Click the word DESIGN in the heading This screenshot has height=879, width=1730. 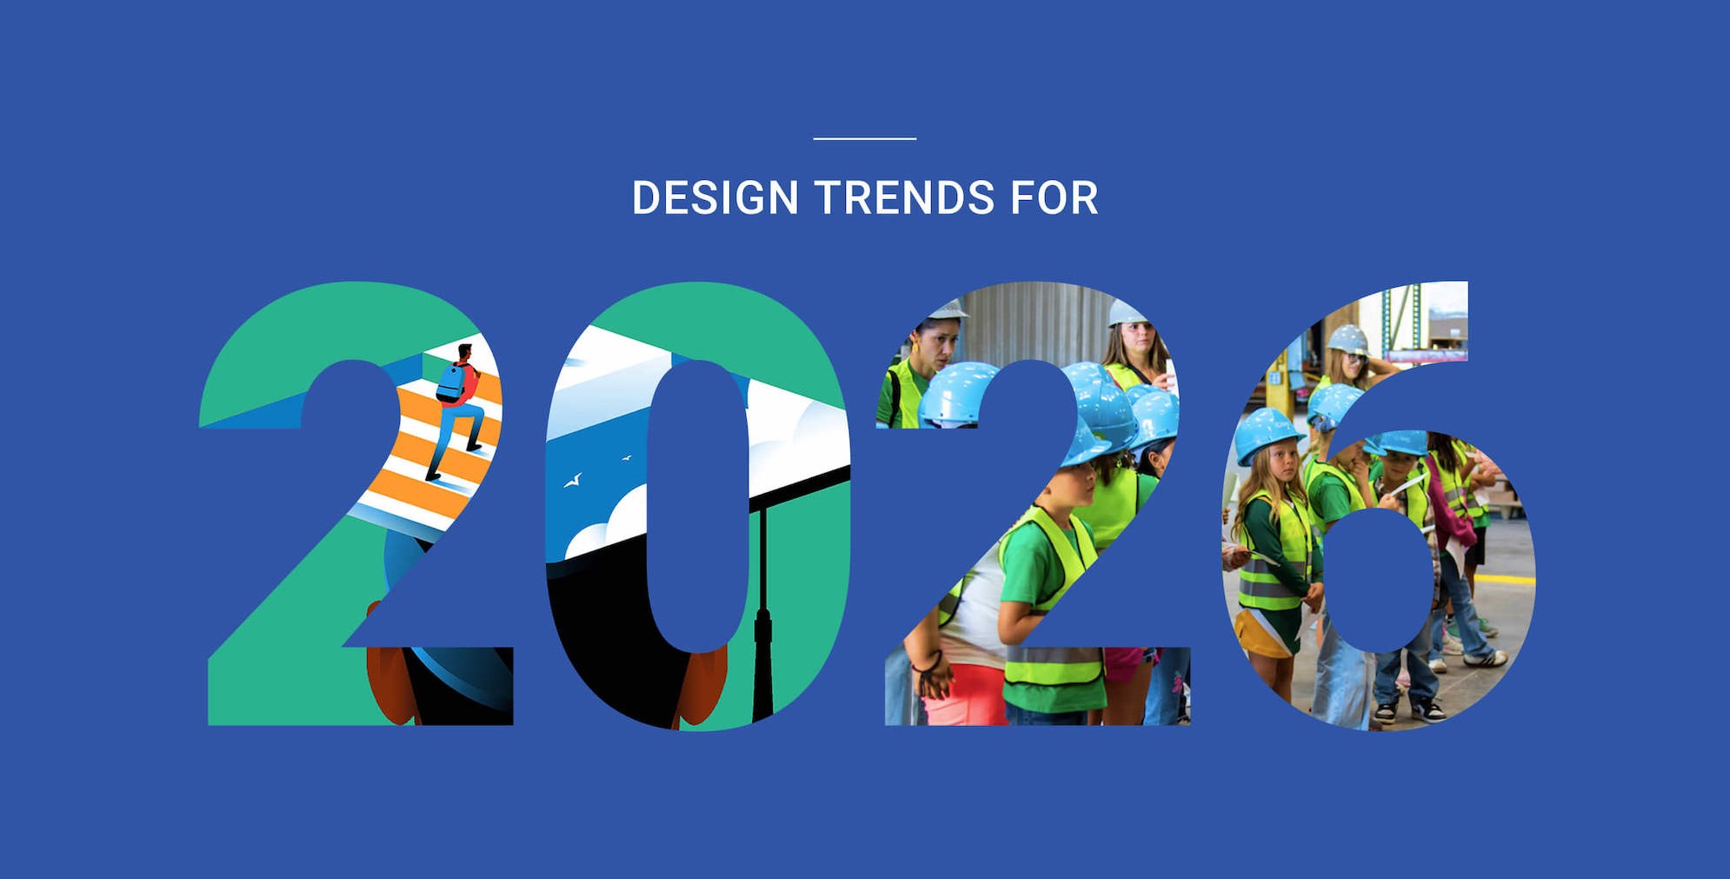(715, 197)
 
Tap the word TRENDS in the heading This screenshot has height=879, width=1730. (904, 197)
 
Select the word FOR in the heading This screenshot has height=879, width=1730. (1055, 197)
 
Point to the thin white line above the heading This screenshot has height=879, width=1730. (865, 137)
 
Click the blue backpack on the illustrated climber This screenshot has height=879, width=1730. (451, 383)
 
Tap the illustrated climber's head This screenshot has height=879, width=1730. (465, 353)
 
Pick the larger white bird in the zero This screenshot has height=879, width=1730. (573, 480)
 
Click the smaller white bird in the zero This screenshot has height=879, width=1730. (626, 457)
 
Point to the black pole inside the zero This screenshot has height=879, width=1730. (763, 609)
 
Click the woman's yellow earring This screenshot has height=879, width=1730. (915, 350)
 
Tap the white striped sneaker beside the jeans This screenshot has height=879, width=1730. (1485, 658)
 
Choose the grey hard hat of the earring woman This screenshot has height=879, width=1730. (946, 310)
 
